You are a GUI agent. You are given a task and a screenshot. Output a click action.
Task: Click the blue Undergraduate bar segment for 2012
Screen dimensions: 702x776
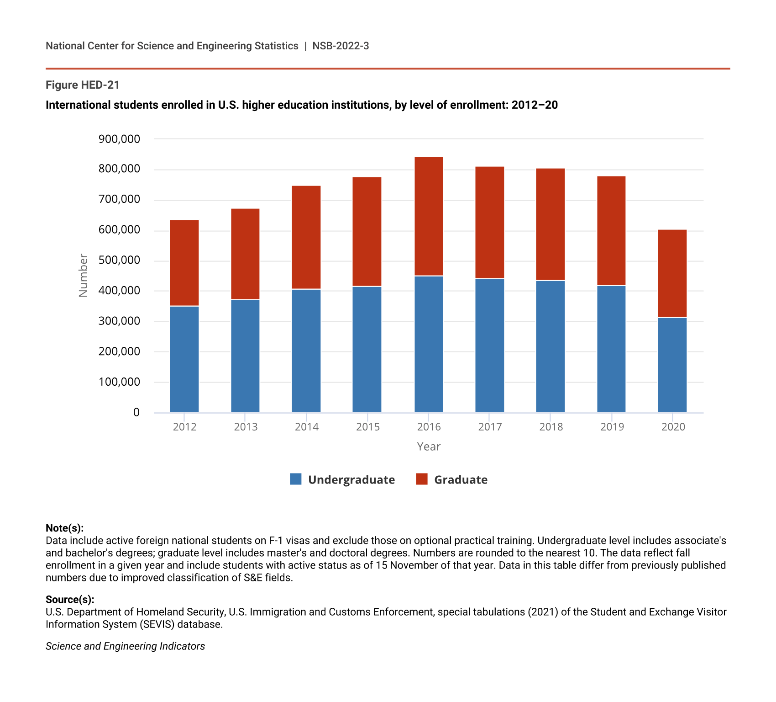pos(184,359)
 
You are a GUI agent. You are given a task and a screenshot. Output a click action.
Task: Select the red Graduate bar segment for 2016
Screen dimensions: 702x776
pos(429,216)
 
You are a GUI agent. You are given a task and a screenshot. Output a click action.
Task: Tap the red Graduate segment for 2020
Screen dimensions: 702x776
pos(672,273)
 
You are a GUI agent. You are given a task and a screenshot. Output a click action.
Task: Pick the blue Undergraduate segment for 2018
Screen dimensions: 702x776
pos(551,346)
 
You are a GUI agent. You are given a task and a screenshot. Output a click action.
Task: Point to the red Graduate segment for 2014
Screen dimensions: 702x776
pos(306,237)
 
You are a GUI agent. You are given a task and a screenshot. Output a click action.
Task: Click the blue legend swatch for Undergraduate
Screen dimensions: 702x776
pos(296,479)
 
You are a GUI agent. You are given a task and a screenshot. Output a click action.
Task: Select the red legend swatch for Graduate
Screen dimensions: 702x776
pos(422,479)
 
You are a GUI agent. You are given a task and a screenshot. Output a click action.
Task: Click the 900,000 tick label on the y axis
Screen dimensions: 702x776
pos(119,139)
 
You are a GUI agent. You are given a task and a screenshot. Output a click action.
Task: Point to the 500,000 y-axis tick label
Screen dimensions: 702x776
pos(119,261)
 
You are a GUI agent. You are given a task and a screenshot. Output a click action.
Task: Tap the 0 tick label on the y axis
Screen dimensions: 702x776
pos(136,413)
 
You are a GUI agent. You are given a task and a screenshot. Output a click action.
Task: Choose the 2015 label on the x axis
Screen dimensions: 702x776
pos(368,427)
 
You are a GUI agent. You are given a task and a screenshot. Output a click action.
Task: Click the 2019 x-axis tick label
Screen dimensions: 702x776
pos(612,427)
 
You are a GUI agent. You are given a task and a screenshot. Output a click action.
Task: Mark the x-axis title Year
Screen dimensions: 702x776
pos(429,447)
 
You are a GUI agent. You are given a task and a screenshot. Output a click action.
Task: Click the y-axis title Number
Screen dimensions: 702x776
pos(83,276)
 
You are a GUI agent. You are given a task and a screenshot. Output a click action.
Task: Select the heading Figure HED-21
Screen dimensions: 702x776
pos(83,85)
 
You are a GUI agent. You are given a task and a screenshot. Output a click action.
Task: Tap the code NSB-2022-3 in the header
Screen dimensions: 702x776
pos(341,46)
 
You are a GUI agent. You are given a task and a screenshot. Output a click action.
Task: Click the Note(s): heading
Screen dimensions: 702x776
pos(65,528)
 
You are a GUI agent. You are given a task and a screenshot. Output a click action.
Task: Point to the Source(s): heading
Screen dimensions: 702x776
pos(70,600)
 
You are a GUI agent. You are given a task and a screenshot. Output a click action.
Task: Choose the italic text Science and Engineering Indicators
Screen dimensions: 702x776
pos(125,646)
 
